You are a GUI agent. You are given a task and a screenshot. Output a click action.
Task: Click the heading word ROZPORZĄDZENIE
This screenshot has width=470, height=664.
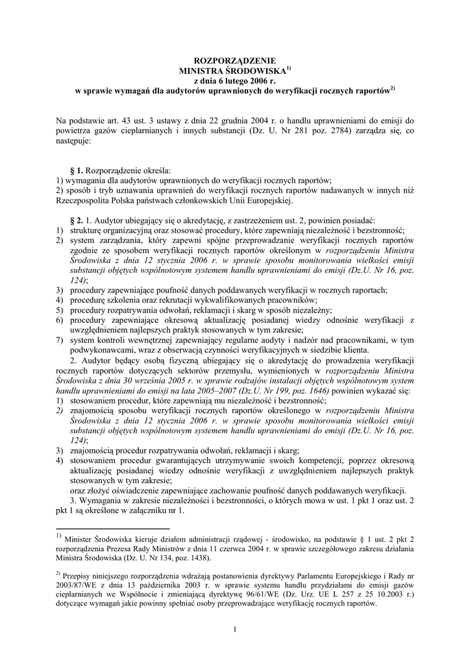[235, 60]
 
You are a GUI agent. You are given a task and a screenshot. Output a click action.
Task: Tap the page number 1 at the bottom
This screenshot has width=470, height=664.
[235, 629]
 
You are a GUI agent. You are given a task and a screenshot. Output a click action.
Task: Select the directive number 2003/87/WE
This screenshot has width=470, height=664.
[77, 586]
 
